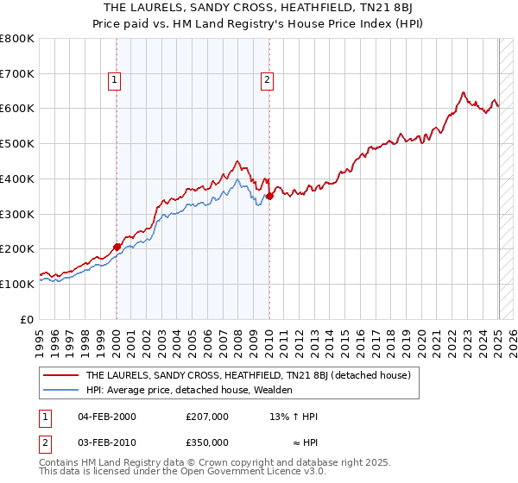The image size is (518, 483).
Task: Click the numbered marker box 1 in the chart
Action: point(115,81)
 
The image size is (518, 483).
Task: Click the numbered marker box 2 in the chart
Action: point(268,81)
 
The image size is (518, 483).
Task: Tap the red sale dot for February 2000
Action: point(117,246)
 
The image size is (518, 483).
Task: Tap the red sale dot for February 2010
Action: point(269,196)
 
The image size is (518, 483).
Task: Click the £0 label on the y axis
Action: point(28,319)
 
